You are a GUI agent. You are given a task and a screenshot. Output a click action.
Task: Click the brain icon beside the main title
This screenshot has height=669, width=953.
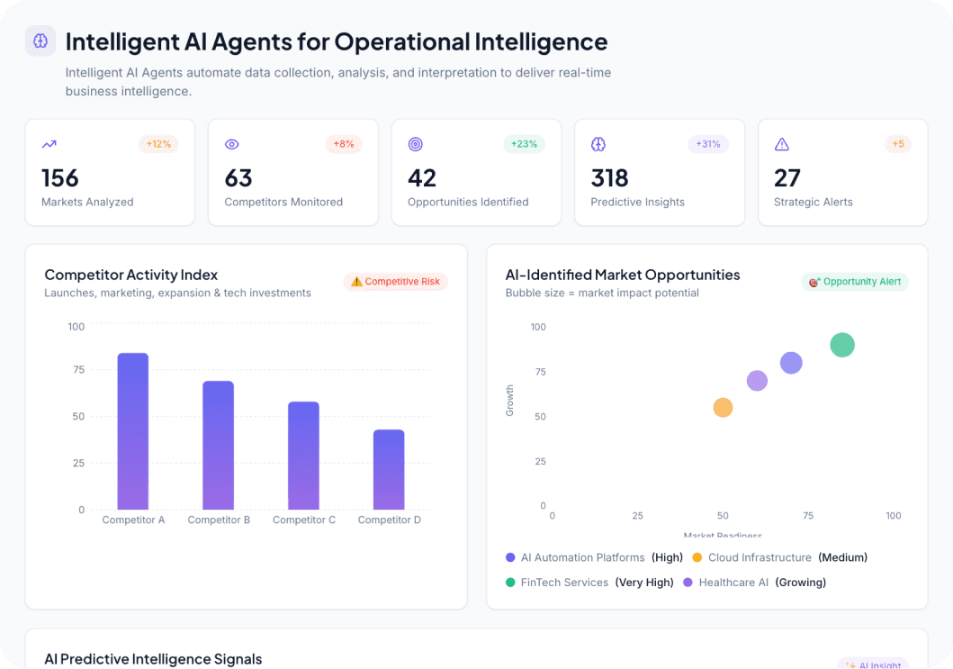click(40, 41)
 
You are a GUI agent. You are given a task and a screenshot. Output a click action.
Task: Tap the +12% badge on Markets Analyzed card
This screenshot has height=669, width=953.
click(158, 144)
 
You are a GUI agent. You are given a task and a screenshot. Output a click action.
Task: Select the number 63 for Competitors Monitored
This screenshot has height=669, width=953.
click(238, 177)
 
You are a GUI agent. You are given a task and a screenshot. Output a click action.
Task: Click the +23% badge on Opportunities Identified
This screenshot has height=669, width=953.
click(524, 144)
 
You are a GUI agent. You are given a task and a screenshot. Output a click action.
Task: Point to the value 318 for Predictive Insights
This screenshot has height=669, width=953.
click(609, 177)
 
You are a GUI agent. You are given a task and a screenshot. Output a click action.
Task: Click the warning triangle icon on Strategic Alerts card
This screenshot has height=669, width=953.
click(781, 144)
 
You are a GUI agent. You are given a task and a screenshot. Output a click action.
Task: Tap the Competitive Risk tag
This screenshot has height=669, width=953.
click(395, 282)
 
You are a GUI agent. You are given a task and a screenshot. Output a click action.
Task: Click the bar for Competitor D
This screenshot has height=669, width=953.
click(389, 469)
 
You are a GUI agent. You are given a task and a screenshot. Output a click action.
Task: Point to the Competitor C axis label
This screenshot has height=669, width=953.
click(304, 520)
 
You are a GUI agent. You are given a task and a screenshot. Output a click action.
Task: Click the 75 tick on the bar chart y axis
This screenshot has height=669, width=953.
click(77, 370)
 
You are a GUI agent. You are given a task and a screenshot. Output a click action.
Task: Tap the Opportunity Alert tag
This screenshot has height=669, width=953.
click(855, 282)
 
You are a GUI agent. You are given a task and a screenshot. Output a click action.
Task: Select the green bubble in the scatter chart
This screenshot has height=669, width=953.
click(841, 345)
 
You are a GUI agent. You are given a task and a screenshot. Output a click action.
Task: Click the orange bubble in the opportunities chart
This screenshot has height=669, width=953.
click(723, 408)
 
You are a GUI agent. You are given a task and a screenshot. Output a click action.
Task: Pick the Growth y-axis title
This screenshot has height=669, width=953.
click(510, 401)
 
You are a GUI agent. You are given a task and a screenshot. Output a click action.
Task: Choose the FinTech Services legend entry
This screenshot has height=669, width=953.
click(564, 583)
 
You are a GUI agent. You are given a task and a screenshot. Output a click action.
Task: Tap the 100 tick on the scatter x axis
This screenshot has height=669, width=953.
click(893, 516)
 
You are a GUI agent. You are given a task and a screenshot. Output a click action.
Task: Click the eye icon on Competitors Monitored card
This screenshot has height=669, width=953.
click(231, 144)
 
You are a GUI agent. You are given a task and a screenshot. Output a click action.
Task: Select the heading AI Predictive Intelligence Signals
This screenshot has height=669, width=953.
click(153, 659)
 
